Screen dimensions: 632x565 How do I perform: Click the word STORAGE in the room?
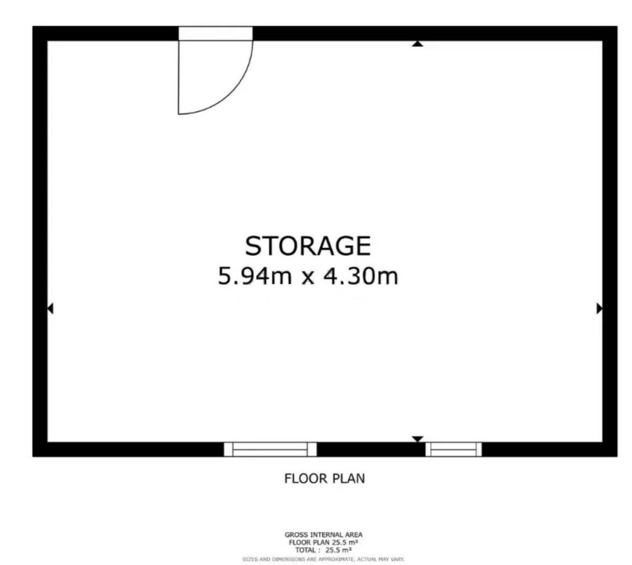click(x=308, y=246)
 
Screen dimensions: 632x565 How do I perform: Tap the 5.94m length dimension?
click(x=255, y=276)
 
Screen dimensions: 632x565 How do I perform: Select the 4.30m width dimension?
click(x=361, y=276)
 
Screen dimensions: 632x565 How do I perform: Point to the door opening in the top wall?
click(x=215, y=33)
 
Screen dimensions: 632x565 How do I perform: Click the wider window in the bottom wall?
click(x=270, y=449)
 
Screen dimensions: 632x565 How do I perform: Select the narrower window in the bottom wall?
click(x=454, y=449)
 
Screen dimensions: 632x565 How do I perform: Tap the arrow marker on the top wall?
click(x=418, y=44)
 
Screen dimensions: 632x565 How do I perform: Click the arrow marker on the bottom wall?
click(x=418, y=439)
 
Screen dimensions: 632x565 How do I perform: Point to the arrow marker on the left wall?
click(x=51, y=308)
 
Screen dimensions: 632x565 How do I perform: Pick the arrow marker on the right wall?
click(x=599, y=308)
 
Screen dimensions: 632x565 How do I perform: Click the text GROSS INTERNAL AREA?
click(x=323, y=535)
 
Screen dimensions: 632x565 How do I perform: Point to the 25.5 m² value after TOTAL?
click(x=339, y=550)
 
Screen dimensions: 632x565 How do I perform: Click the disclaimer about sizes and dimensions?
click(x=323, y=559)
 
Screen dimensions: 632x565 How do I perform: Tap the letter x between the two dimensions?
click(x=308, y=278)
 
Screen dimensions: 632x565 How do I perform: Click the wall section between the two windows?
click(x=371, y=449)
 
